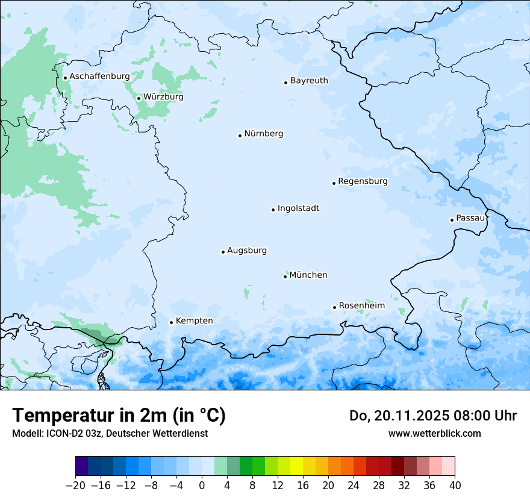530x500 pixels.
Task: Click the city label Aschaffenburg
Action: click(x=99, y=77)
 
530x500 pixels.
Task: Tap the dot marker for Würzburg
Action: click(x=139, y=98)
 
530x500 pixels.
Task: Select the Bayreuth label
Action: click(x=309, y=81)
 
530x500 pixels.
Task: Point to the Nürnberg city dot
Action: click(x=240, y=136)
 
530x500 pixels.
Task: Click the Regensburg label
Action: click(x=363, y=181)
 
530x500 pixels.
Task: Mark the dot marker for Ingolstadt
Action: click(x=273, y=210)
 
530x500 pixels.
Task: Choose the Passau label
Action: click(x=470, y=218)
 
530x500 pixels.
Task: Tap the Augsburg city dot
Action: click(x=223, y=252)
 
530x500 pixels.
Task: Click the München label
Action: click(x=308, y=275)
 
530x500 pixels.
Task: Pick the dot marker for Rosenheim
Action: click(x=334, y=307)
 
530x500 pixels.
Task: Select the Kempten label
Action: click(x=194, y=321)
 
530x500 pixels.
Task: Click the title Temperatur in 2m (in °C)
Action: click(x=119, y=416)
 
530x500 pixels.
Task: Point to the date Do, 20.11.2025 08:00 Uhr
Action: click(x=433, y=416)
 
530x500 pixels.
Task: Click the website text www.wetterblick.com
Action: click(x=434, y=433)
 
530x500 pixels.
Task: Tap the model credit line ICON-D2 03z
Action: click(x=110, y=433)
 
